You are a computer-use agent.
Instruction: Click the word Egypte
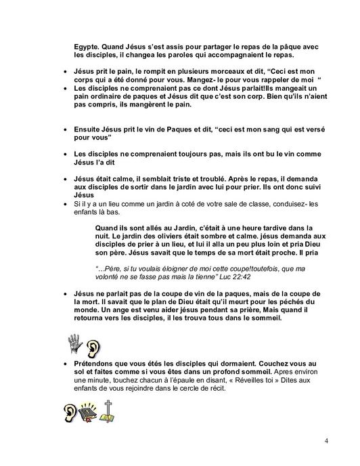pos(87,45)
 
